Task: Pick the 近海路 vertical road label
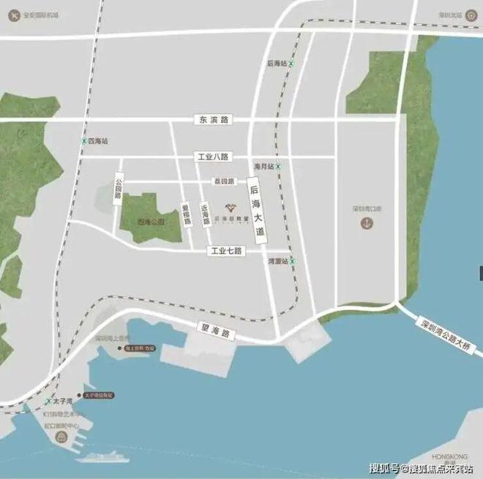coord(206,213)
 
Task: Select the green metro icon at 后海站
coord(291,64)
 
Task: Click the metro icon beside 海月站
coord(278,167)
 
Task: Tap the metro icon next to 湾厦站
coord(292,260)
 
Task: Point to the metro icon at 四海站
coord(83,141)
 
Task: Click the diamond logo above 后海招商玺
coord(229,207)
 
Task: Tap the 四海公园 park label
coord(151,221)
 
